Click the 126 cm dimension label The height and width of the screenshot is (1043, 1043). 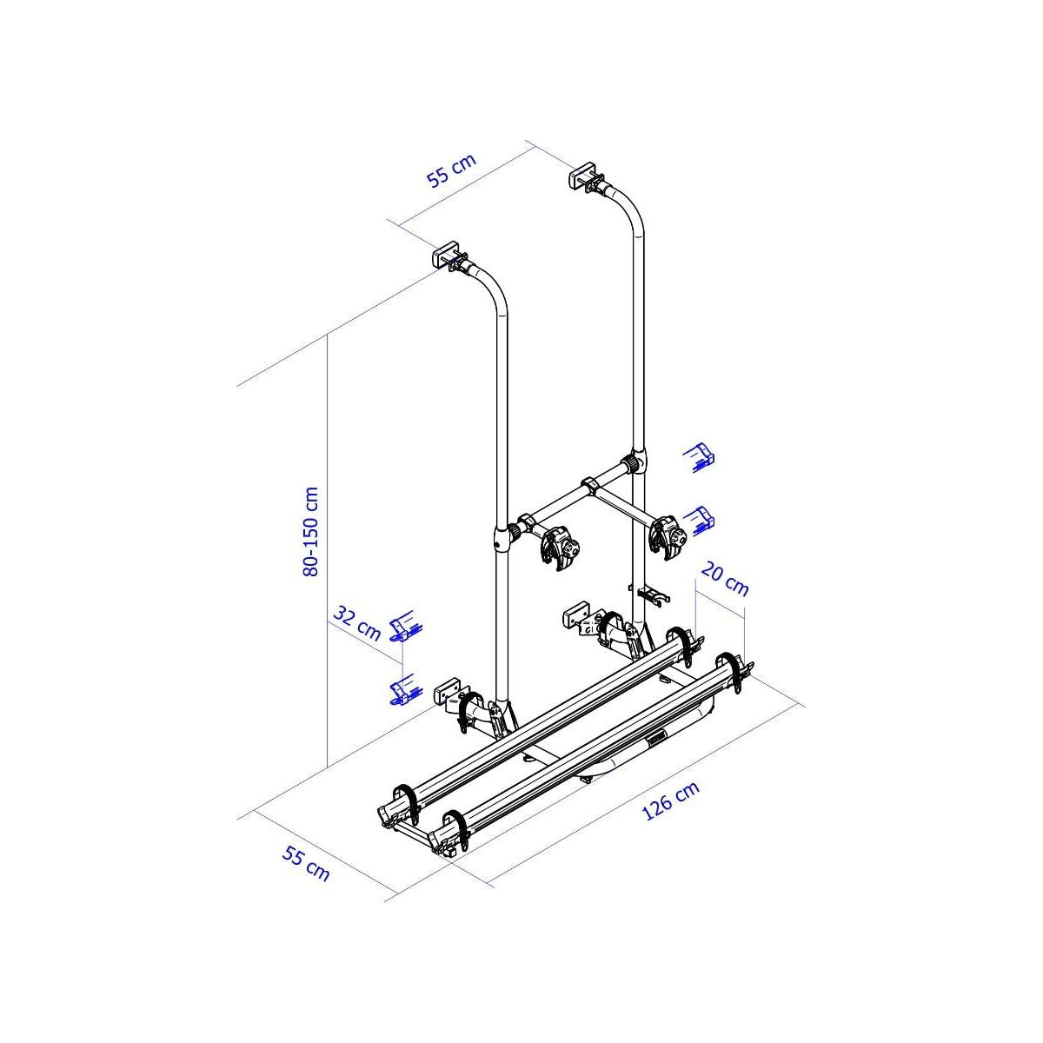tap(670, 801)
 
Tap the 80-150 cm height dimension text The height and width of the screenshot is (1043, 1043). tap(311, 530)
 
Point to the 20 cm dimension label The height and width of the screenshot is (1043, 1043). tap(724, 580)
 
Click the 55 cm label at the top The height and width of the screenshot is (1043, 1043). tap(452, 170)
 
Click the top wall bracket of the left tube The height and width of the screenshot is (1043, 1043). tap(446, 256)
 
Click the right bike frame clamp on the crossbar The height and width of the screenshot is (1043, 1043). tap(667, 533)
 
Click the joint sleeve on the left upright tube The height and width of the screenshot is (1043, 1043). tap(502, 537)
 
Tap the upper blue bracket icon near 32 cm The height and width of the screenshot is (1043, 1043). tap(405, 628)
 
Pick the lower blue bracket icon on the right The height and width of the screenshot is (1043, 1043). tap(700, 519)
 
